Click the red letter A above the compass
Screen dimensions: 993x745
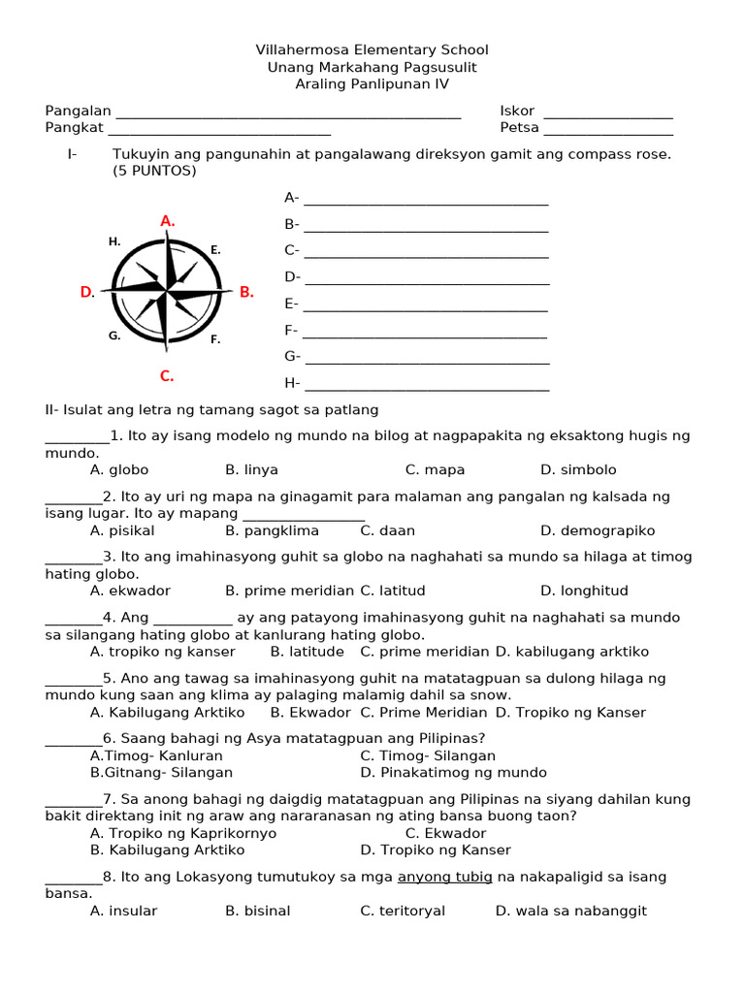167,221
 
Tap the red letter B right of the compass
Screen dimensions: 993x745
245,292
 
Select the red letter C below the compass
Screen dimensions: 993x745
167,376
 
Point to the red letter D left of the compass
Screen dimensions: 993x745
87,292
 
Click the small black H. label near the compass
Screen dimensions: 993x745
114,241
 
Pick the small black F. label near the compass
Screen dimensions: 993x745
215,339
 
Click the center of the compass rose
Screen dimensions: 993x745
167,290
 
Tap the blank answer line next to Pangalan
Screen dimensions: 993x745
287,115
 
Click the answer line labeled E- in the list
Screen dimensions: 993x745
426,309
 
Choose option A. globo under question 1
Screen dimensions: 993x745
119,470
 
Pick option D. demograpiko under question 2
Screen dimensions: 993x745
598,530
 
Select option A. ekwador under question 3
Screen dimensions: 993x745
130,591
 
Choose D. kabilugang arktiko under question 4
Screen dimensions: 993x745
572,652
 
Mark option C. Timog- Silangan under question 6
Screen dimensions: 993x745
428,755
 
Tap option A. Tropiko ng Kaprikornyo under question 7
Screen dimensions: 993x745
183,833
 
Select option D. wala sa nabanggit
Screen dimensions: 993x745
570,911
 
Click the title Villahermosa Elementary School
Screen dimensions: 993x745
372,49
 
